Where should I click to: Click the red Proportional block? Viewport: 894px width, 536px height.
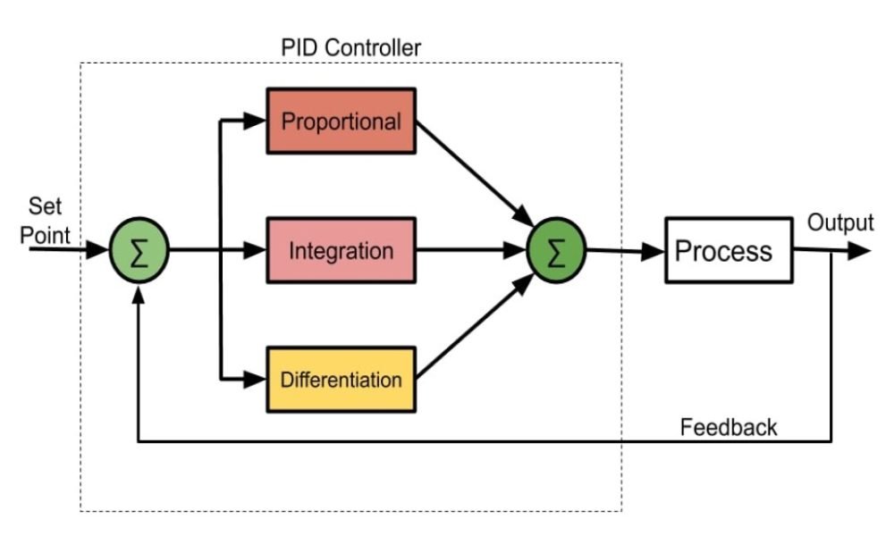coord(342,121)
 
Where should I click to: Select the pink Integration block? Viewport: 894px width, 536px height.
coord(342,250)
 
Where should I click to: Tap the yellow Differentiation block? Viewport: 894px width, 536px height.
coord(342,379)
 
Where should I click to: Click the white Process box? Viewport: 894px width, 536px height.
coord(728,250)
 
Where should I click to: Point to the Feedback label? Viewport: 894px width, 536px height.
coord(729,427)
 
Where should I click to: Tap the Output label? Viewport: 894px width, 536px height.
coord(840,222)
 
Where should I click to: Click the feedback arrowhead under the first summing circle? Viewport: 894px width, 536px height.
coord(138,295)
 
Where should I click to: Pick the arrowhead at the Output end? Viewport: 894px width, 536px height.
coord(860,251)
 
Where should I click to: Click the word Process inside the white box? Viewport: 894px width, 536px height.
coord(723,250)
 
